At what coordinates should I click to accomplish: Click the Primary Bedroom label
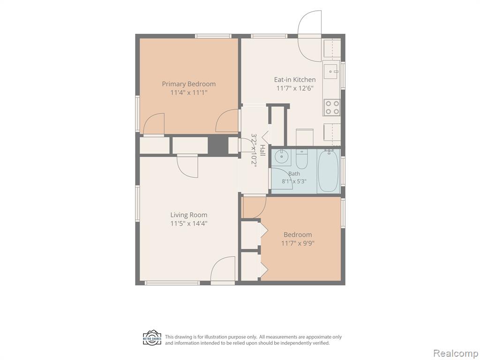pos(188,84)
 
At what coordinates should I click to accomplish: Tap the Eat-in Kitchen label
pos(294,80)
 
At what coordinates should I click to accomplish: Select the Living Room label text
pos(188,215)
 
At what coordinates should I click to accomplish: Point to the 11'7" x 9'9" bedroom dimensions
pos(298,243)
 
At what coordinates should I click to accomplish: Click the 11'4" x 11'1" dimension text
pos(189,92)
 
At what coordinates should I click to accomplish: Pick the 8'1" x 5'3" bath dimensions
pos(294,181)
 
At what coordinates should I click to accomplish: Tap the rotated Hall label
pos(262,150)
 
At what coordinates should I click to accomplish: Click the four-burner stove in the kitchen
pos(332,107)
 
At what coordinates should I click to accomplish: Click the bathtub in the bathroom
pos(328,171)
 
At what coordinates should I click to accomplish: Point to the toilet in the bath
pos(301,159)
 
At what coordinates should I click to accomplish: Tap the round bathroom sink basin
pos(280,157)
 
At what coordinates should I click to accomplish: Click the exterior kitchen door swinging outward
pos(310,36)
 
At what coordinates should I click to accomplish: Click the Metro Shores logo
pos(152,337)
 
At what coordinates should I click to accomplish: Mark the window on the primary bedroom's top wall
pos(213,36)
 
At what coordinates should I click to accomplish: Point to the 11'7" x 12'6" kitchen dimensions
pos(295,89)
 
